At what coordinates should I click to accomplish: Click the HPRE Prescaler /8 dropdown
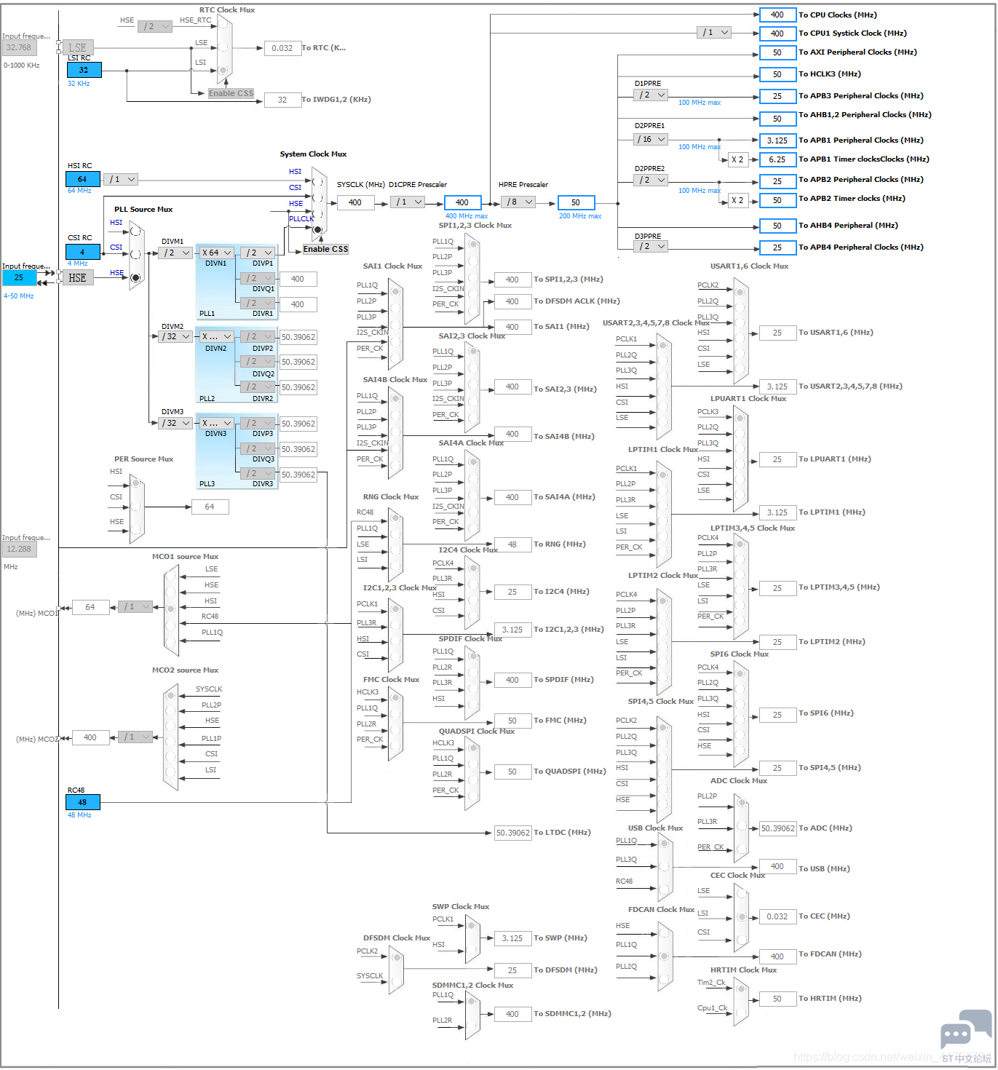click(x=520, y=202)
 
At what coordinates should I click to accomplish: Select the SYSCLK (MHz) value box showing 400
click(x=355, y=202)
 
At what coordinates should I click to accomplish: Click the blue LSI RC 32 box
click(x=84, y=70)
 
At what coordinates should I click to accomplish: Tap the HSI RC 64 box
click(x=83, y=179)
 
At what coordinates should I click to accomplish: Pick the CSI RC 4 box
click(x=83, y=252)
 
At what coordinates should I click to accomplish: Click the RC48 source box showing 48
click(x=83, y=802)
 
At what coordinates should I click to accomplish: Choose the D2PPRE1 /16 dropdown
click(x=650, y=139)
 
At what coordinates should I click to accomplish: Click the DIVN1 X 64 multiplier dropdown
click(x=216, y=253)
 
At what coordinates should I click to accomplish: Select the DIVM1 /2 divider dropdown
click(x=175, y=253)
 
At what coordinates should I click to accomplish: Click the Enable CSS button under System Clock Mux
click(x=325, y=249)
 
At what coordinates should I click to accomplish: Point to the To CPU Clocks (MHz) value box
click(x=777, y=15)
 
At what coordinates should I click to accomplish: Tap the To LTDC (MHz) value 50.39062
click(x=513, y=833)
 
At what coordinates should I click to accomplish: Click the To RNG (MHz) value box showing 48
click(x=512, y=544)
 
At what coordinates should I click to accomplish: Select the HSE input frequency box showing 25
click(x=19, y=277)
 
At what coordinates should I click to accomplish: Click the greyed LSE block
click(x=78, y=48)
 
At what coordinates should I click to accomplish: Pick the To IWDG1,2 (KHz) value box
click(x=282, y=100)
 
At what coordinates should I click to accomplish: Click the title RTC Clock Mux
click(x=227, y=10)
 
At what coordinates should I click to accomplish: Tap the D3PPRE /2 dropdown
click(x=650, y=246)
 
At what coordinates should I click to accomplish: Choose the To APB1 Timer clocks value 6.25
click(x=777, y=159)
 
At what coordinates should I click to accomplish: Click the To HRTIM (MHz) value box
click(x=777, y=999)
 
